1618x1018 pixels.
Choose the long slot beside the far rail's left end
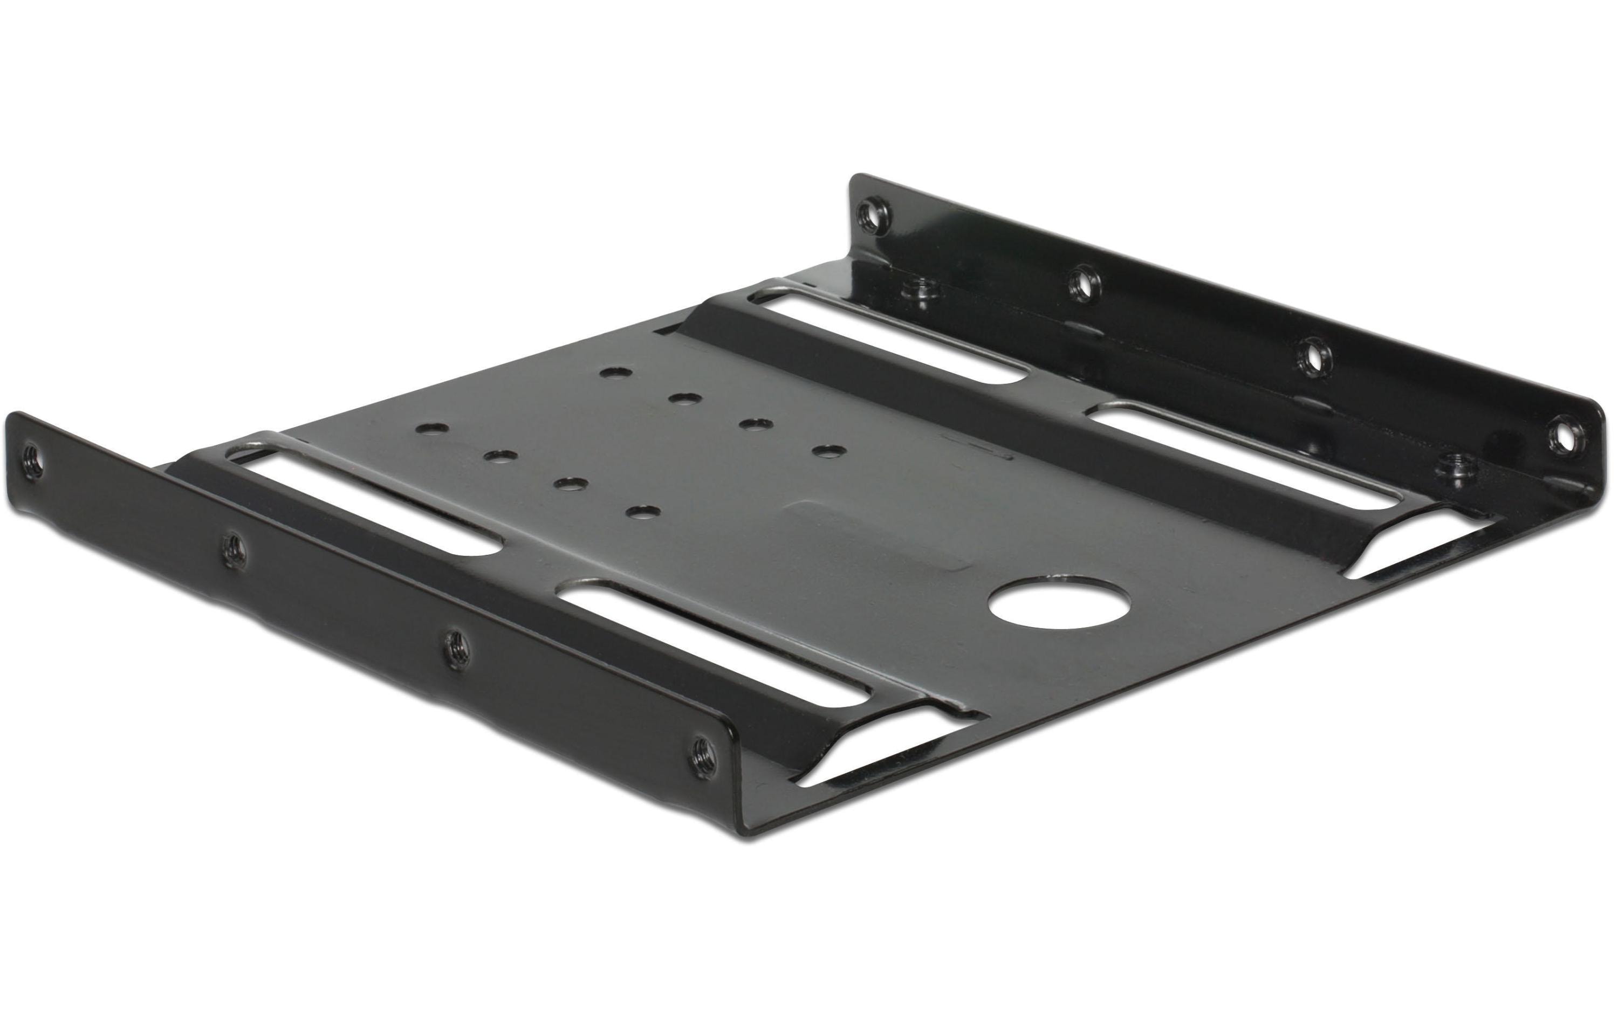tap(894, 336)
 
